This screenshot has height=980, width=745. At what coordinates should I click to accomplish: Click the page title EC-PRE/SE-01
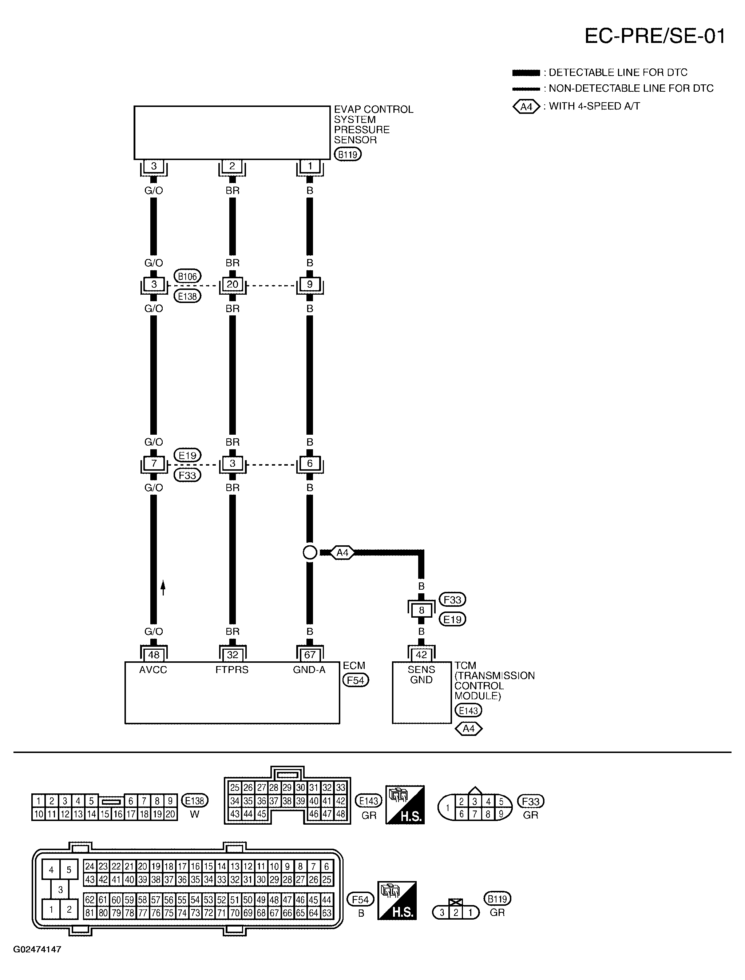click(x=654, y=36)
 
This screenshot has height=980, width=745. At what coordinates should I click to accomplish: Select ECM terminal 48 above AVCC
click(x=154, y=655)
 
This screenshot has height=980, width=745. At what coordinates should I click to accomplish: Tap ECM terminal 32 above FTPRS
click(x=232, y=655)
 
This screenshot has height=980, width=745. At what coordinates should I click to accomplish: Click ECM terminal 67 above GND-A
click(x=309, y=655)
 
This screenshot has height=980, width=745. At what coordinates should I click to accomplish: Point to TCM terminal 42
click(x=421, y=655)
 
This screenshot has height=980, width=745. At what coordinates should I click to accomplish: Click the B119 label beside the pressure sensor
click(x=348, y=154)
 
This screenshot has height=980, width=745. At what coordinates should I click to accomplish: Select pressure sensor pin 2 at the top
click(x=232, y=166)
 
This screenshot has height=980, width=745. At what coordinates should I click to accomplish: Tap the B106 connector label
click(x=187, y=276)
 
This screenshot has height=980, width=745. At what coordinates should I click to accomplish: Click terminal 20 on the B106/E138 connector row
click(x=232, y=284)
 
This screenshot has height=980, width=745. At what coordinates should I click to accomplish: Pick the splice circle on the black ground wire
click(x=309, y=552)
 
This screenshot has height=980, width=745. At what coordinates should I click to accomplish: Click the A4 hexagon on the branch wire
click(x=342, y=553)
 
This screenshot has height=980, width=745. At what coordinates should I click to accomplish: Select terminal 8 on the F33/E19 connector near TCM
click(x=421, y=610)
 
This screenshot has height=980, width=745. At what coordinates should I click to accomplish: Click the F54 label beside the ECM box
click(x=355, y=680)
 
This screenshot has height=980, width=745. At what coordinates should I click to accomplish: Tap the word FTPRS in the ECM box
click(x=232, y=670)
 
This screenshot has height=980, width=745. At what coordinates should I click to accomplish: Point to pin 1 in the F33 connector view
click(x=447, y=808)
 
